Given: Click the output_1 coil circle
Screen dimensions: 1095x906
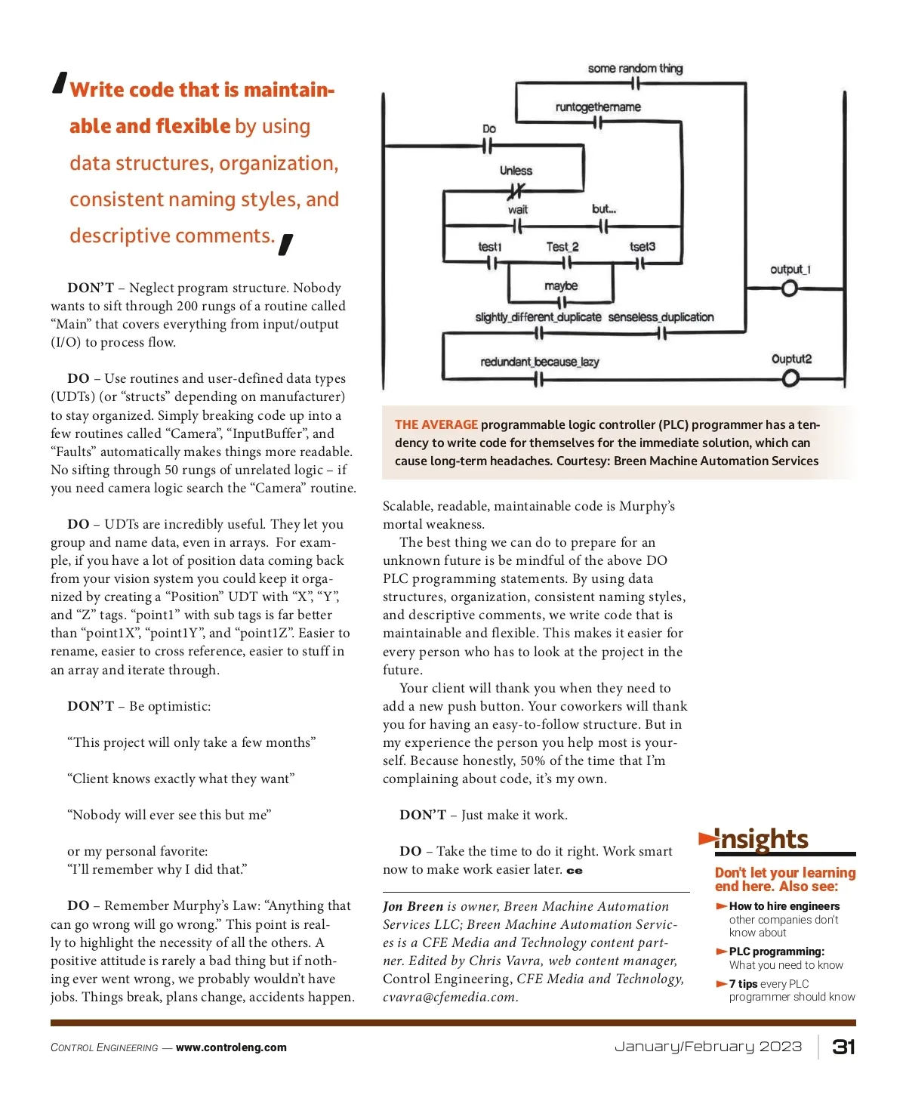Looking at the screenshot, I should point(790,288).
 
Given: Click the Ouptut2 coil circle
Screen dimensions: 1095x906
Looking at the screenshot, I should point(790,378).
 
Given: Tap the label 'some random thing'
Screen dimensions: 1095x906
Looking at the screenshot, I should point(635,69).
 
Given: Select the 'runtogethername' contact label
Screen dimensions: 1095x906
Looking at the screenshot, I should point(598,107).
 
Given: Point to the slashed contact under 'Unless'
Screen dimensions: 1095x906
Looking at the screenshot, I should point(517,191).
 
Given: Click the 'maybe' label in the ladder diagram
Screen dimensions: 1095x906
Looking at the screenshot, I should point(561,286).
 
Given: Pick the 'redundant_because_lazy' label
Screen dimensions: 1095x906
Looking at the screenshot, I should point(540,362).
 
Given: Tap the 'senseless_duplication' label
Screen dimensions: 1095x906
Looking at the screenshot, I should point(661,317).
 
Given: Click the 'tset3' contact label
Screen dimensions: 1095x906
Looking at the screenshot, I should point(643,247).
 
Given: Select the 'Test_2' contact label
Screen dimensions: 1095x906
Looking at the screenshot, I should point(562,247).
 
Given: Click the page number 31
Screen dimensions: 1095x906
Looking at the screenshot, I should point(843,1047).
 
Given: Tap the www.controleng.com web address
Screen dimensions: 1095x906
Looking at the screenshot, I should point(231,1047).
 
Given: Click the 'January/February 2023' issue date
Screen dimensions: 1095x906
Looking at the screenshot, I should point(708,1047).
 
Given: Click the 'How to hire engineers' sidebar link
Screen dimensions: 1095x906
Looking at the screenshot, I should point(784,906).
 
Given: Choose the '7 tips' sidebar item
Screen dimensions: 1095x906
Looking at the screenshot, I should point(743,984).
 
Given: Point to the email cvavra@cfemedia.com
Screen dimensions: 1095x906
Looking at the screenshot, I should point(449,997).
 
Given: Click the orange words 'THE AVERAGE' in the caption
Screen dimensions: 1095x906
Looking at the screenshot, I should point(436,425).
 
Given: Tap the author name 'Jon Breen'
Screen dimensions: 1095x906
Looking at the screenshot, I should point(412,906).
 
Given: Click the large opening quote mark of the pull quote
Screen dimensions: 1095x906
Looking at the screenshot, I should point(60,82).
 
